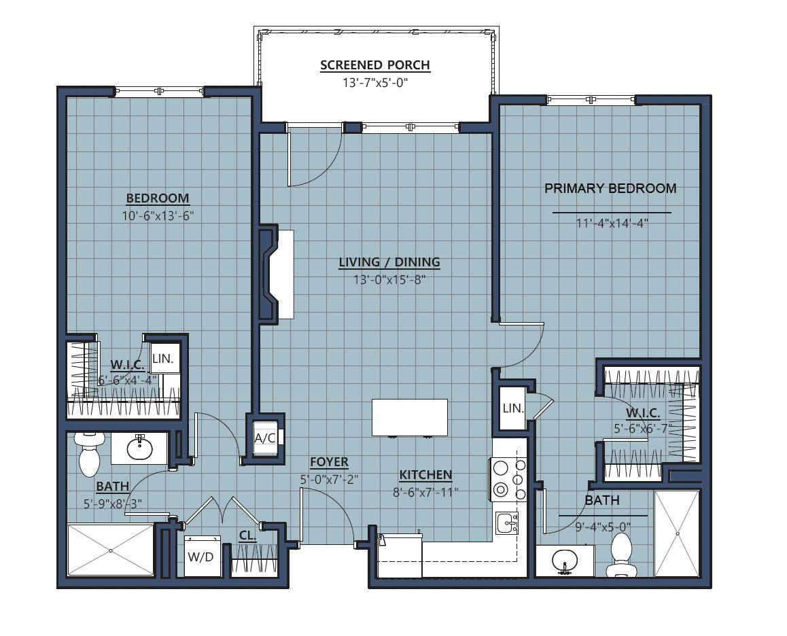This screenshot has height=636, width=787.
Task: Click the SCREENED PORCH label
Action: [375, 65]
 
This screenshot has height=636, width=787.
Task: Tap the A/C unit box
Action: [264, 438]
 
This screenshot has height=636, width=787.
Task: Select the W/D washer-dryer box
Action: [202, 556]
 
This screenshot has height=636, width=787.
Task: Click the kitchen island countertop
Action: [410, 417]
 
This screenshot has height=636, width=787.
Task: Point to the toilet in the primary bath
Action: [621, 554]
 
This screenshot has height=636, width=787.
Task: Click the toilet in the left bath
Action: [89, 453]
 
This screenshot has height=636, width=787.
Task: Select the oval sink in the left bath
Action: [139, 447]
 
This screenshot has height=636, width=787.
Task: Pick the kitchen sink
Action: [507, 523]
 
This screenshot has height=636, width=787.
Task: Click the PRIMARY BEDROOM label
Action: [610, 188]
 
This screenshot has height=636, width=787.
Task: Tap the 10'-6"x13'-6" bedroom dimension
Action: [158, 216]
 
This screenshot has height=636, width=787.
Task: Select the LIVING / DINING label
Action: [389, 262]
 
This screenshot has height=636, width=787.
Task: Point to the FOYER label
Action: [329, 462]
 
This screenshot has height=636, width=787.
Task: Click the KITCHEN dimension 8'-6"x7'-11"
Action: [425, 493]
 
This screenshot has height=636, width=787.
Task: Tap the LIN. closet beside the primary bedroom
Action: [513, 408]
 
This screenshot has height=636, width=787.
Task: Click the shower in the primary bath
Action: [677, 533]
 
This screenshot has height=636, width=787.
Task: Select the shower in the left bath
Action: [110, 550]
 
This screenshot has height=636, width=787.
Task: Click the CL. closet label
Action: [247, 535]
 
